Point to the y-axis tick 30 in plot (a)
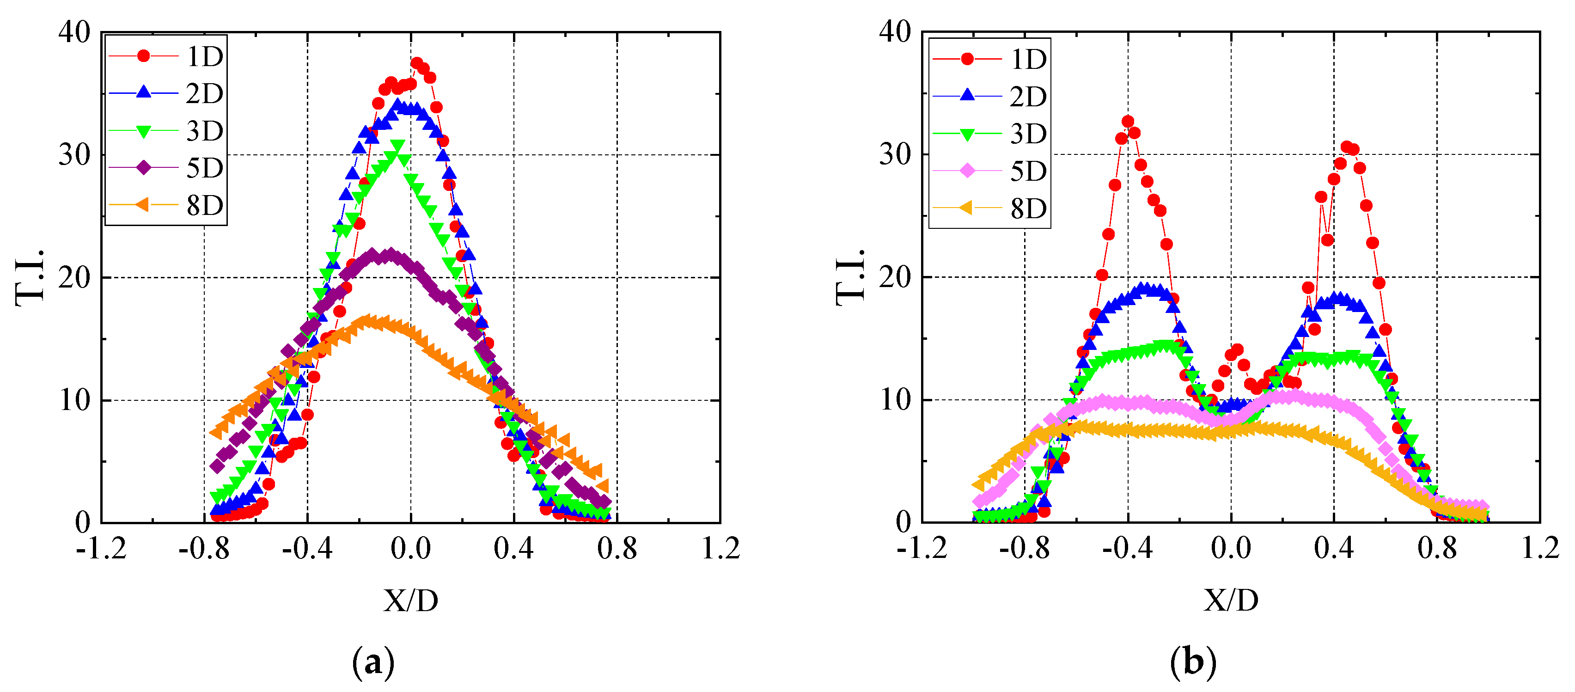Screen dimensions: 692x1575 tap(74, 155)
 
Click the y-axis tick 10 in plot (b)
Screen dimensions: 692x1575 tap(895, 400)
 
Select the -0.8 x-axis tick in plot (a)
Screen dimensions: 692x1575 tap(204, 548)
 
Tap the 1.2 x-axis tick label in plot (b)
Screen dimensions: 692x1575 tap(1539, 548)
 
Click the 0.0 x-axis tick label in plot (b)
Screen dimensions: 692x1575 tap(1231, 548)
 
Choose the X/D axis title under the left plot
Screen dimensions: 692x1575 tap(411, 601)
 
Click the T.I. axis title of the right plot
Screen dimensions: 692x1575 tap(850, 277)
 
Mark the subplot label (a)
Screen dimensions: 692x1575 tap(373, 662)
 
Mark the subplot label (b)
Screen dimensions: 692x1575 tap(1193, 662)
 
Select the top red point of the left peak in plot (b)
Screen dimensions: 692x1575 tap(1128, 122)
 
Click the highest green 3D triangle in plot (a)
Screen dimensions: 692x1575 tap(397, 146)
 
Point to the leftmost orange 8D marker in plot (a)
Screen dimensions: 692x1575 tap(216, 432)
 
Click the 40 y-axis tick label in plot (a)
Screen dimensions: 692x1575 tap(74, 32)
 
